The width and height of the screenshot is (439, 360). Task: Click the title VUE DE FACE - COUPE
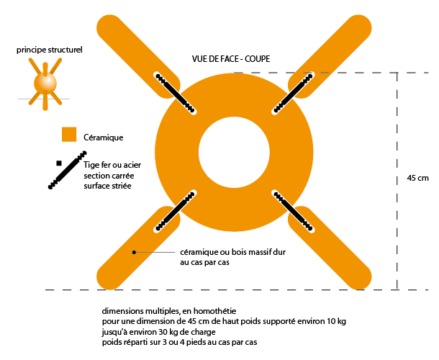[x=231, y=58]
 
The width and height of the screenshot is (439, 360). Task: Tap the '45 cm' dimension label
[x=417, y=178]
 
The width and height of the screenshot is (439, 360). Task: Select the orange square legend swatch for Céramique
[x=69, y=135]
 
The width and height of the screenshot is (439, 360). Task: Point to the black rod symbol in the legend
[x=68, y=170]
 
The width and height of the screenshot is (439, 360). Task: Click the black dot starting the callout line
[x=134, y=252]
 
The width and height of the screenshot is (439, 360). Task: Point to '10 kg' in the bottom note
[x=334, y=320]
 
